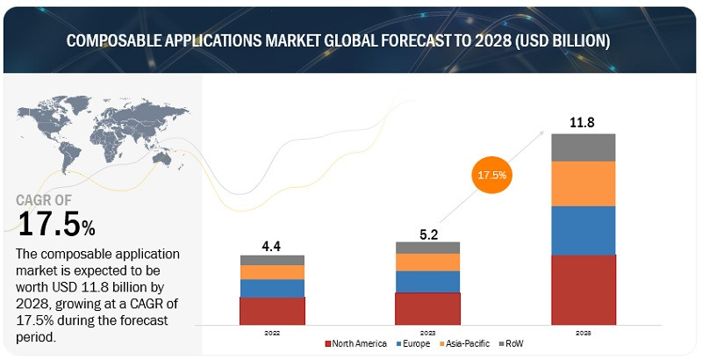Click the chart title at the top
(351, 41)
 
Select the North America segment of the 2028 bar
(583, 290)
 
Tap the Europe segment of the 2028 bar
(583, 230)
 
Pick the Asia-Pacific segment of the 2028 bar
(583, 184)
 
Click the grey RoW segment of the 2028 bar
(583, 148)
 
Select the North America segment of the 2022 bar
(272, 311)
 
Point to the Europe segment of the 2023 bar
(427, 281)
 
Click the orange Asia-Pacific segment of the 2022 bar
(272, 272)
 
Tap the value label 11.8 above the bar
(583, 122)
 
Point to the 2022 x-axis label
(272, 333)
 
